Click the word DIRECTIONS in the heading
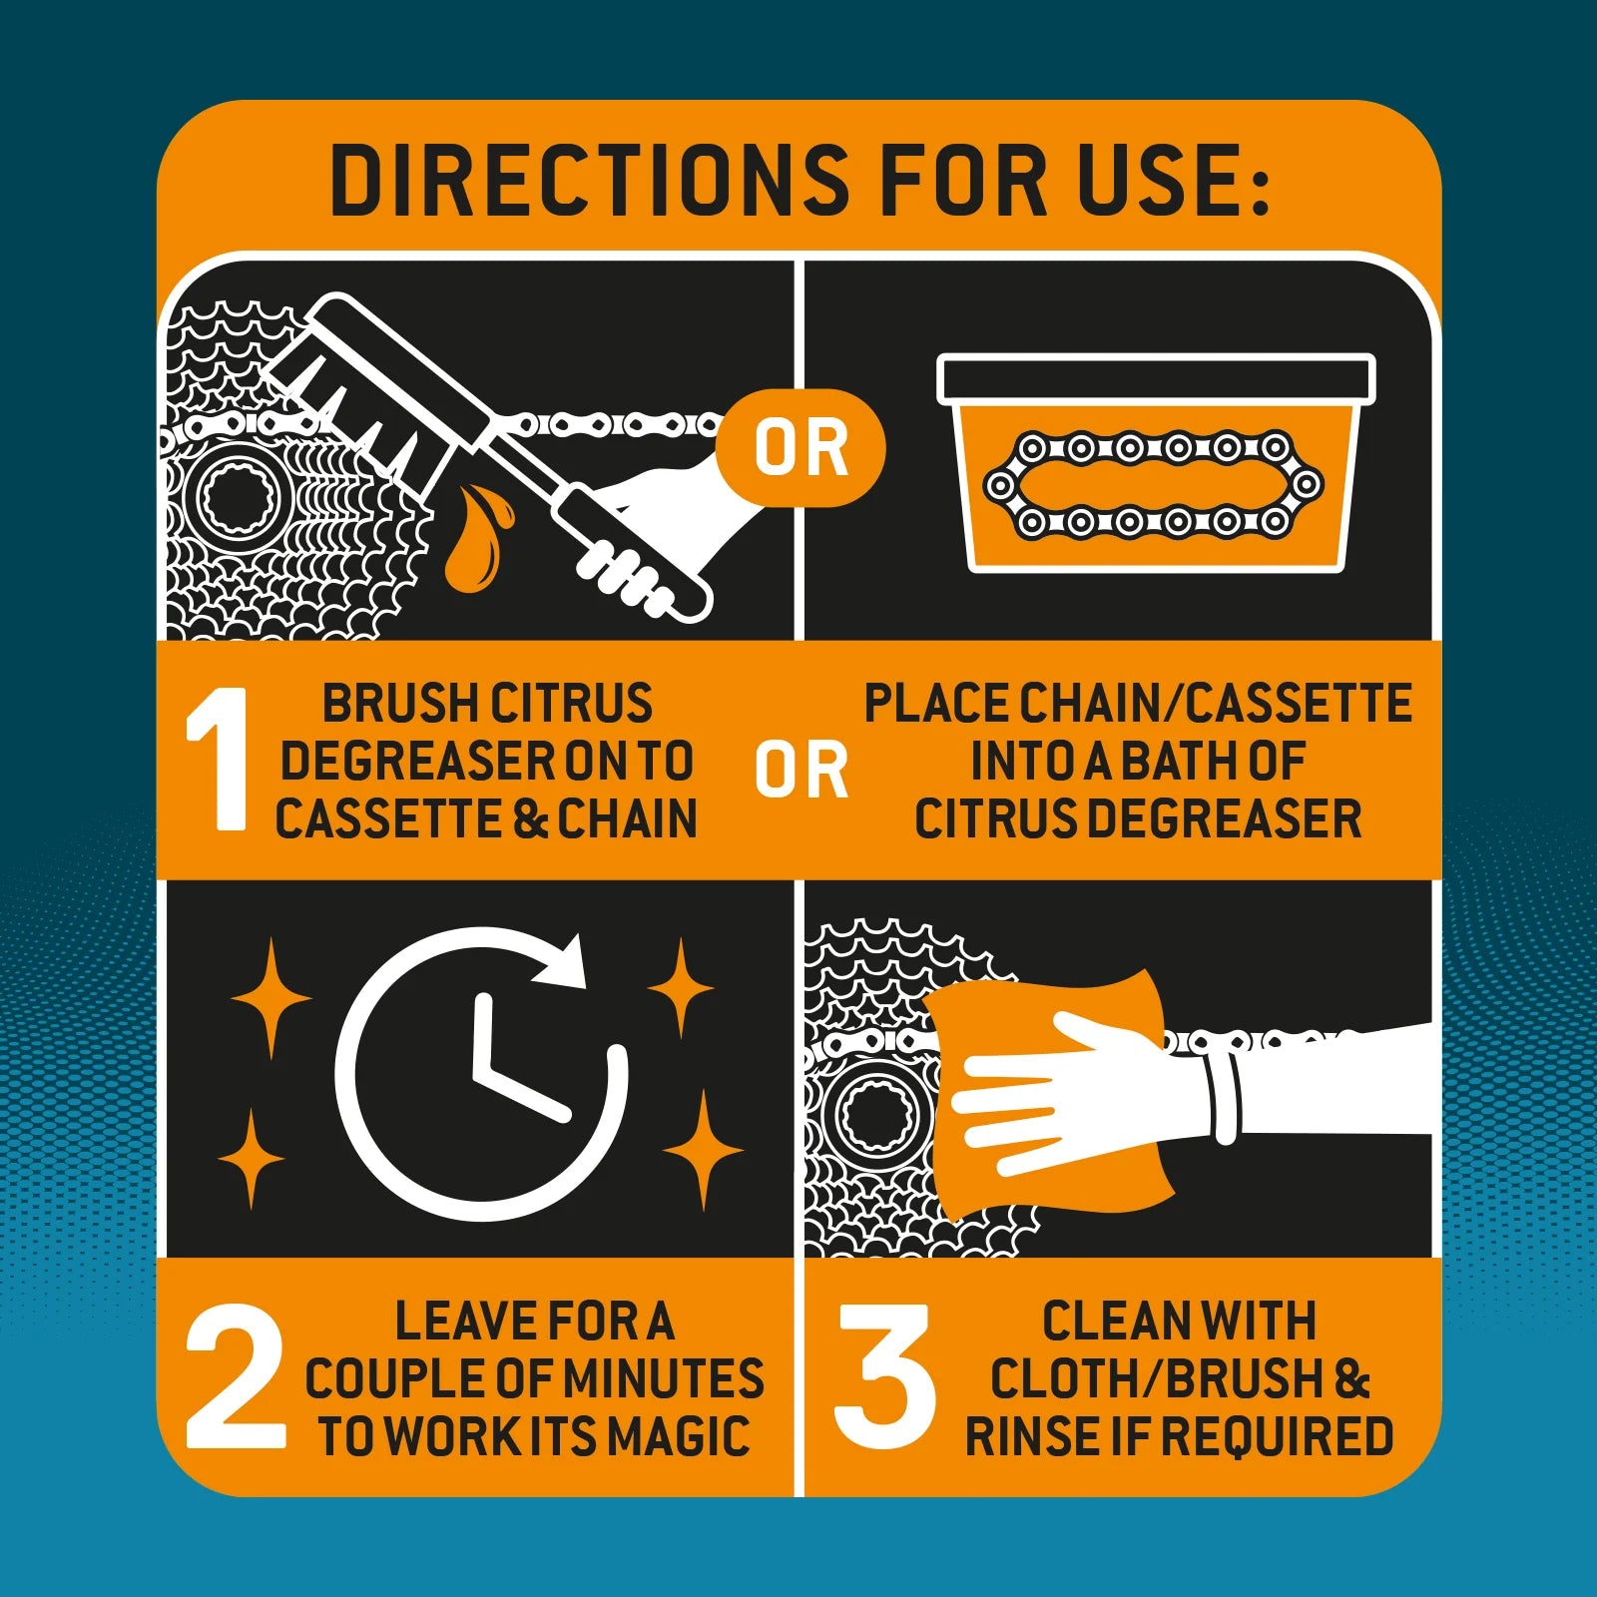[x=590, y=181]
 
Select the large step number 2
[x=235, y=1376]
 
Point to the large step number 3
[x=884, y=1376]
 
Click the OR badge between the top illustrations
[x=800, y=448]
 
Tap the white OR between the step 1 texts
[x=801, y=770]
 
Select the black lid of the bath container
[x=1156, y=379]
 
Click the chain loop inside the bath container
[x=1153, y=485]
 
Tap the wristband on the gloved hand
[x=1224, y=1096]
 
